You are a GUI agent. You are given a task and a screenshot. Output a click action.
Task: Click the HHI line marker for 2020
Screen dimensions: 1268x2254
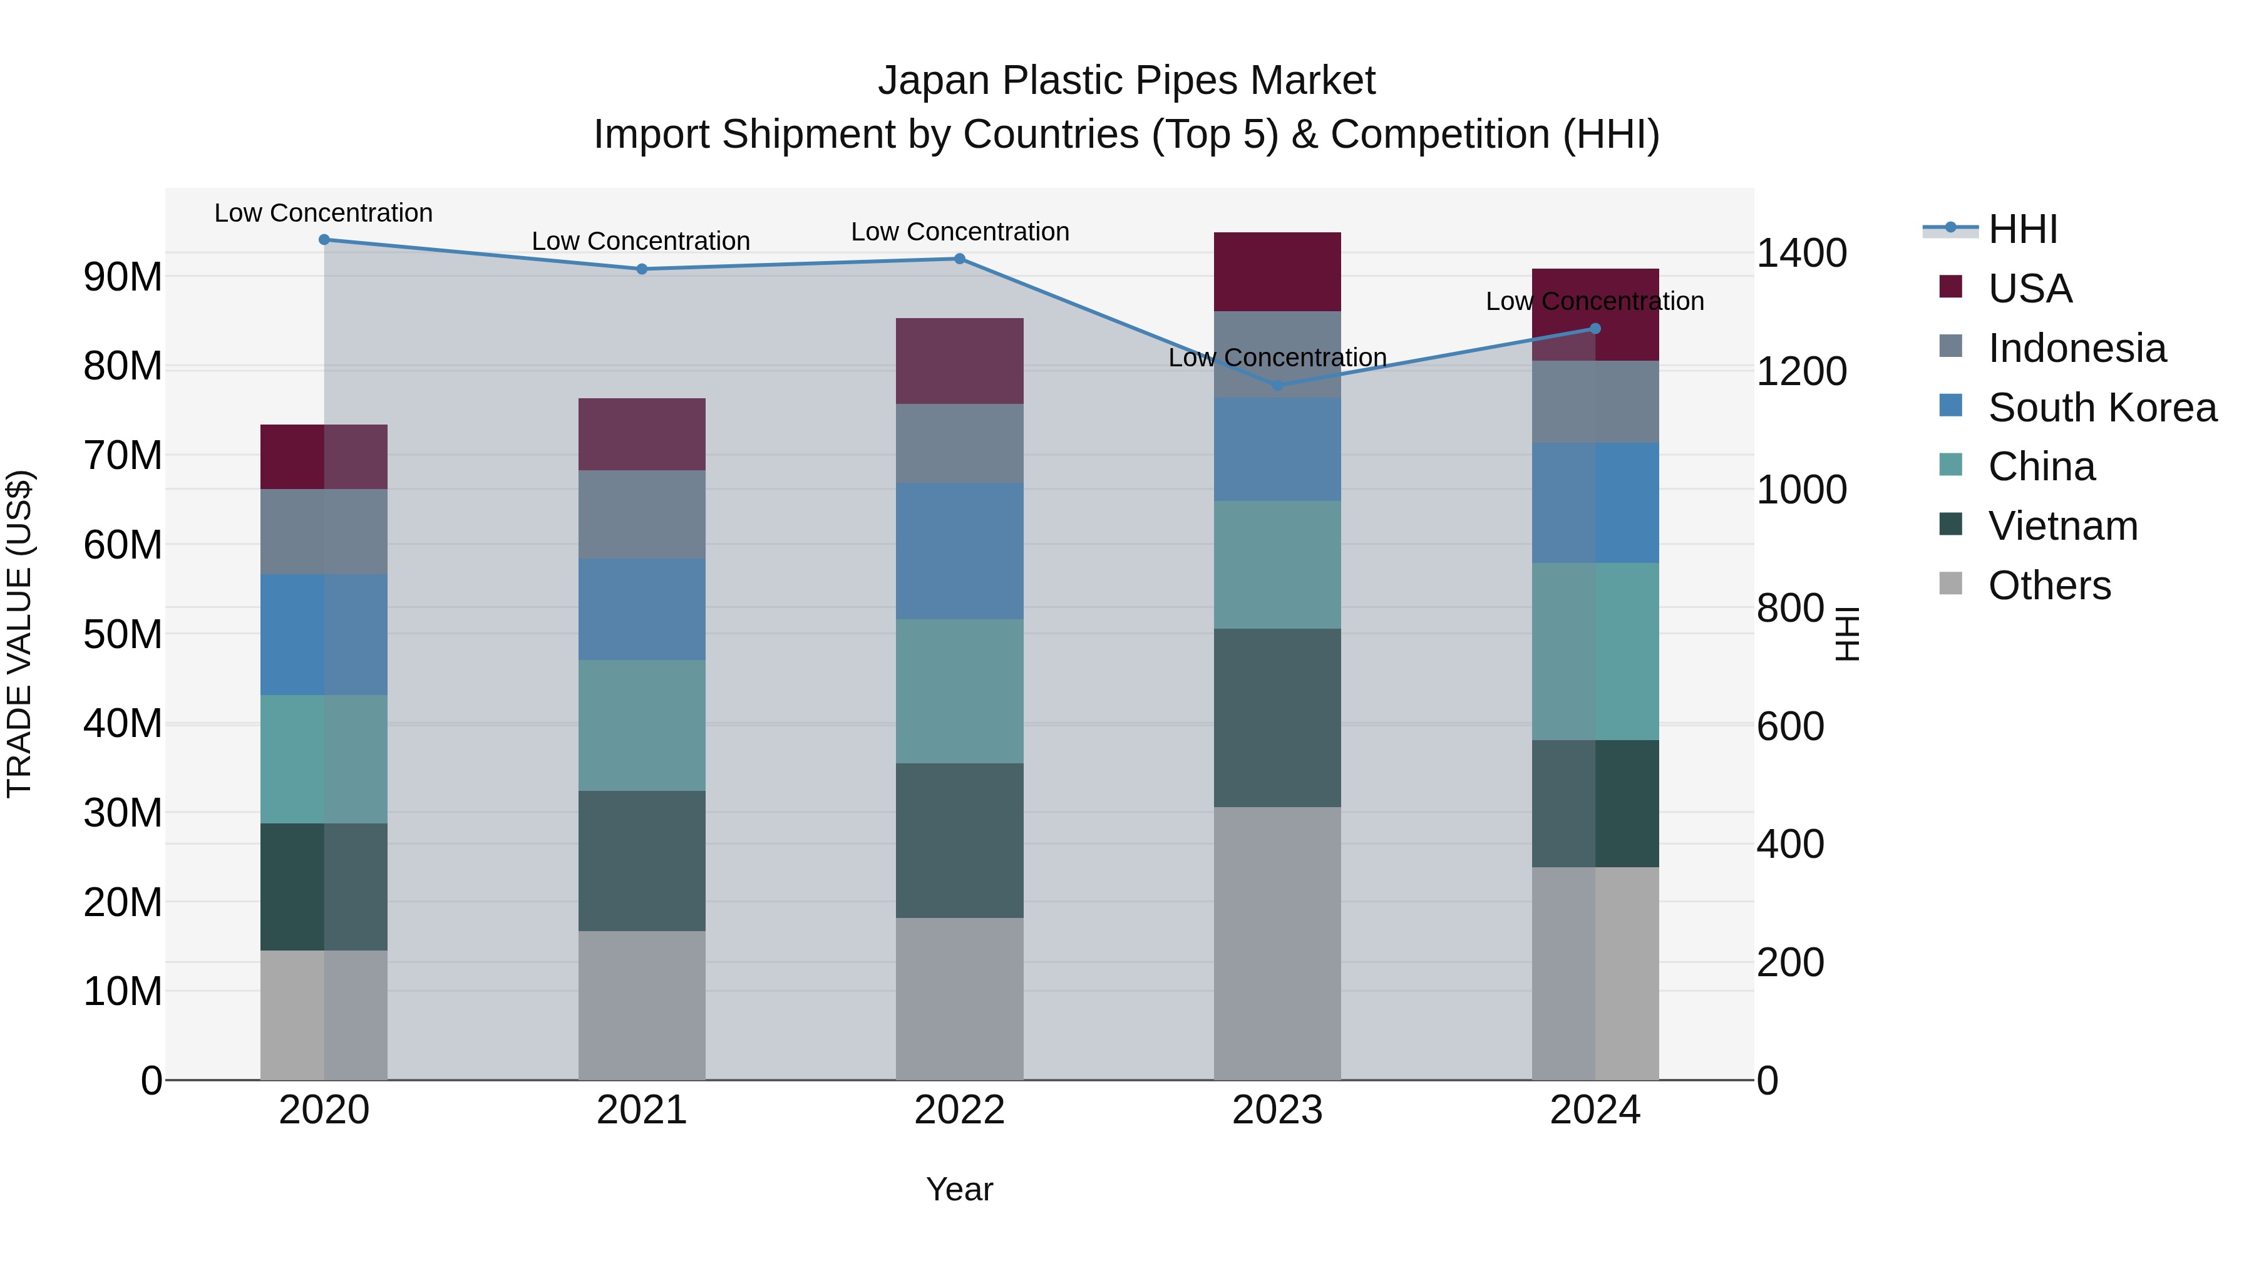click(x=324, y=239)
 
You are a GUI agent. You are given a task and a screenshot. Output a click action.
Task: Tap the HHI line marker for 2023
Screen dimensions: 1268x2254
click(x=1277, y=385)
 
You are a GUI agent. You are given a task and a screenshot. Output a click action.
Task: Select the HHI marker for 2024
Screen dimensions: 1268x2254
click(x=1594, y=329)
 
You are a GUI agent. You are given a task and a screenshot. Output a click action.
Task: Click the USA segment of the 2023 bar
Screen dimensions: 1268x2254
click(x=1277, y=271)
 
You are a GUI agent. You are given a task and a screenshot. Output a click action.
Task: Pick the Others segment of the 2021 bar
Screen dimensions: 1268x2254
click(x=641, y=1004)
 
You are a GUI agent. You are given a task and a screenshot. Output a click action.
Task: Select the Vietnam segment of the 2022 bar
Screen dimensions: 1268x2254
click(x=959, y=840)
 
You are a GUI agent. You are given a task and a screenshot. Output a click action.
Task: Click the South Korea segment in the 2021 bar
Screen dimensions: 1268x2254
click(x=641, y=609)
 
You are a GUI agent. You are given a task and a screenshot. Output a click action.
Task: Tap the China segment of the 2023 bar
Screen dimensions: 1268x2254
click(x=1277, y=564)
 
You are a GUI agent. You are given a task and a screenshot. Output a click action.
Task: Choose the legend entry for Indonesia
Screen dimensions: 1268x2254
click(x=2076, y=348)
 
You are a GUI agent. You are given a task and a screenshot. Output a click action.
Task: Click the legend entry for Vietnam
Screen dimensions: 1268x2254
click(x=2062, y=526)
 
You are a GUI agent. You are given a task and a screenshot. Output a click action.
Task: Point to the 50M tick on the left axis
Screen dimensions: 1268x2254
click(x=123, y=634)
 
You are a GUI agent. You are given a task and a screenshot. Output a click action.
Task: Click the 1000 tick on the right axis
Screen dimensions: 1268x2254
click(x=1801, y=490)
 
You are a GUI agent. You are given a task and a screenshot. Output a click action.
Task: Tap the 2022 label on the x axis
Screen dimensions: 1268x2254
click(x=959, y=1110)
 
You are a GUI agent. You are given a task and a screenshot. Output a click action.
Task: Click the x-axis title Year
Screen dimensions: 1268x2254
click(x=959, y=1189)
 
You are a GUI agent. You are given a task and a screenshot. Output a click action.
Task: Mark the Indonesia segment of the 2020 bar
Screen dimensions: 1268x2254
click(x=324, y=531)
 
